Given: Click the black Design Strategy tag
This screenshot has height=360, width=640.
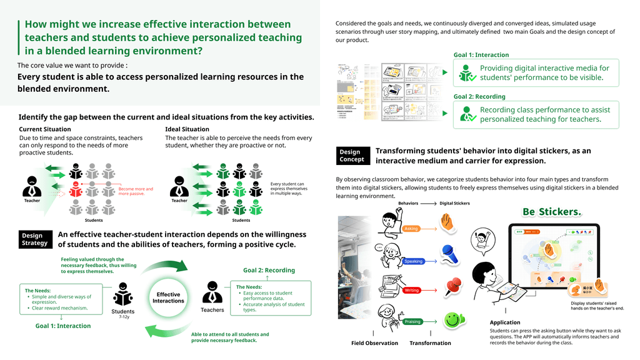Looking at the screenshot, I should point(35,239).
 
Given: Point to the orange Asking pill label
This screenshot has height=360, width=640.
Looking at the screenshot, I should point(412,229).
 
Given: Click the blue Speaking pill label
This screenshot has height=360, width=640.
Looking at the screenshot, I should point(414,261).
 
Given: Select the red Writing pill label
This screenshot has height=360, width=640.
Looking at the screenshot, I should point(412,291).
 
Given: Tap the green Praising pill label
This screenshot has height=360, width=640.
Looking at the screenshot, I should point(412,321).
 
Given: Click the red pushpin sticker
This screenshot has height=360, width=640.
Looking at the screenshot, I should point(452,287).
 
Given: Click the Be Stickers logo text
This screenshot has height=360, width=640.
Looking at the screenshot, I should point(552,212).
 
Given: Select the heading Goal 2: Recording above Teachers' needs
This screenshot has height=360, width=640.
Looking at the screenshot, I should point(269,270).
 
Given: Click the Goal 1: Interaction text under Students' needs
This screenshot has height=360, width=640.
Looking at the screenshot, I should point(62,326).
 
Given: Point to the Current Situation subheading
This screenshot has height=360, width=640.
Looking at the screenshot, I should point(44,129).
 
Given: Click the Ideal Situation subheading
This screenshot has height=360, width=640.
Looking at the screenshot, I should point(187,129).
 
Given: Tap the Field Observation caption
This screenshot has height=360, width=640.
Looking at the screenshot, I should point(374,343).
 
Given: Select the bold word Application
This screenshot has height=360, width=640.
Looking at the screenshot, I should point(505,322).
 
